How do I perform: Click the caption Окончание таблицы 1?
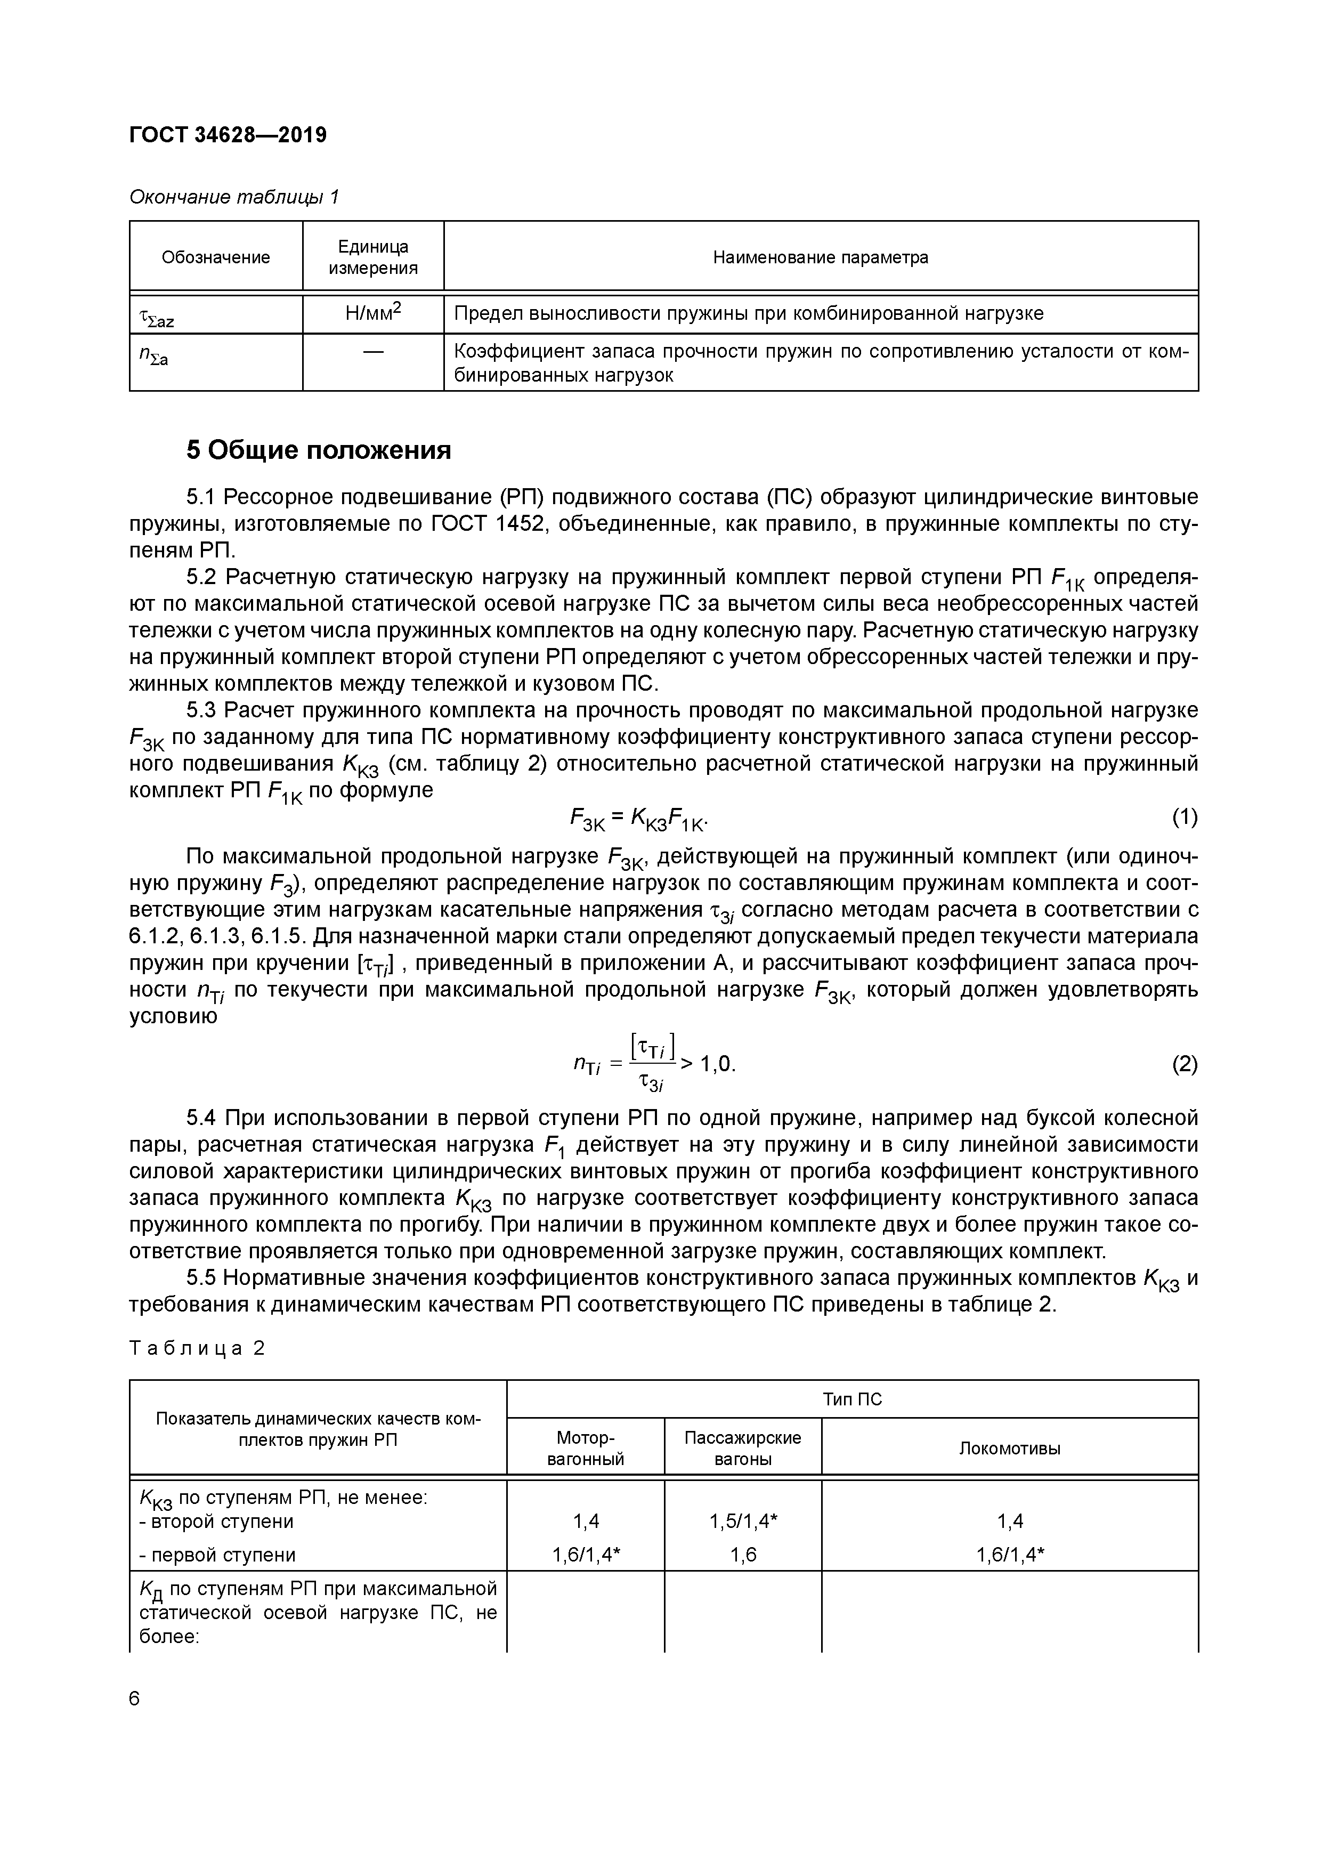233,197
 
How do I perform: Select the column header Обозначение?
216,257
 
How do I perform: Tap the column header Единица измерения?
373,257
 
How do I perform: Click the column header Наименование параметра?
821,257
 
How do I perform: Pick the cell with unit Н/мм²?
373,313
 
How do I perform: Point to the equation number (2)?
1185,1064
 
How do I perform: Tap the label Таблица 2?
197,1348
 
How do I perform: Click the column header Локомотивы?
1009,1449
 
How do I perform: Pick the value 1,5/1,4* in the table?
742,1520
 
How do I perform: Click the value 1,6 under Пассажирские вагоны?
742,1555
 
